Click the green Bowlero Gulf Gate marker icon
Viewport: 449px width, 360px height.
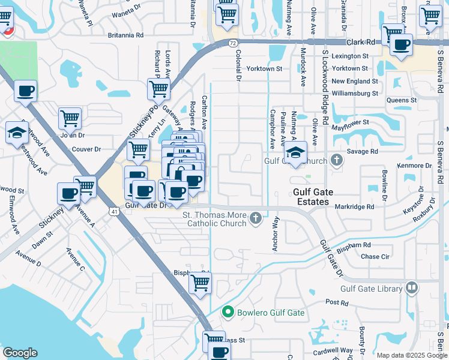(228, 313)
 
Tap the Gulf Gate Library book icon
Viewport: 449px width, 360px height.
(411, 288)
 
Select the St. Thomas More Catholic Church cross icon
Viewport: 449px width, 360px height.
(256, 218)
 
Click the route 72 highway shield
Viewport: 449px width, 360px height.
(233, 43)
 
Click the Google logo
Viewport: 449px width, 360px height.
(20, 353)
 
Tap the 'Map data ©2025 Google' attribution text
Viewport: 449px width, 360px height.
(411, 355)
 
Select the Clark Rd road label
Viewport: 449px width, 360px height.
(361, 43)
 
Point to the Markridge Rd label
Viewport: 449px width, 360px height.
(354, 207)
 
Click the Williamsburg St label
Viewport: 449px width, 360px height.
(355, 93)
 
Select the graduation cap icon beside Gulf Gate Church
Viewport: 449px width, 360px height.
(295, 152)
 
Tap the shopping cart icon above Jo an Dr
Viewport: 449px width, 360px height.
(70, 118)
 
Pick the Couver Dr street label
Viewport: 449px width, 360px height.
(86, 149)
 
